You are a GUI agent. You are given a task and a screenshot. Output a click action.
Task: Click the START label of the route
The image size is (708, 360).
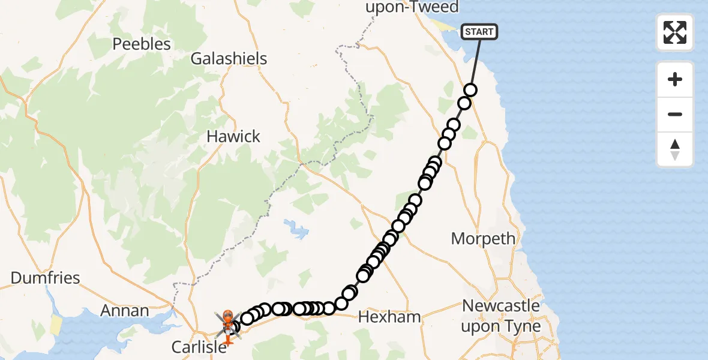point(479,32)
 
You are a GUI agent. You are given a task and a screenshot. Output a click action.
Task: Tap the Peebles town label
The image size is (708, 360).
point(142,44)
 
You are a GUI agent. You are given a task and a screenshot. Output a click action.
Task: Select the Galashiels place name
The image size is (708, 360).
point(229,59)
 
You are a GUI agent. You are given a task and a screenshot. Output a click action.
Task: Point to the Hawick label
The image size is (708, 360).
point(233,136)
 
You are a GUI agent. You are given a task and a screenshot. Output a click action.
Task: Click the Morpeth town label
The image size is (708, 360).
point(483,238)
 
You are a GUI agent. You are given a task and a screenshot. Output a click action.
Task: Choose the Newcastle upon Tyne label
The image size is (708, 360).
point(501,316)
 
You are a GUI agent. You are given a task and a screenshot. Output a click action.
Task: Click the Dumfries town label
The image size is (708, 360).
point(46,278)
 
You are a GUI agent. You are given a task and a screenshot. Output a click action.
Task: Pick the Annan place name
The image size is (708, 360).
point(125,311)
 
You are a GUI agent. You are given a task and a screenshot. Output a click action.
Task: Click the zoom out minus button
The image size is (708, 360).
point(675,115)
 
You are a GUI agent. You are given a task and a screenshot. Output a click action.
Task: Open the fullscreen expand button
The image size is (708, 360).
point(675,32)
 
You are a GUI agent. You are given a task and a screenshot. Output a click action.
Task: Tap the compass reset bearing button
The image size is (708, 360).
point(675,149)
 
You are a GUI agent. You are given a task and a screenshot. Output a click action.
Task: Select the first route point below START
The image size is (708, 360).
point(470,90)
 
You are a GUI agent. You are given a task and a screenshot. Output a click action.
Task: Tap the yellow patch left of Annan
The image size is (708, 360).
point(56,325)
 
